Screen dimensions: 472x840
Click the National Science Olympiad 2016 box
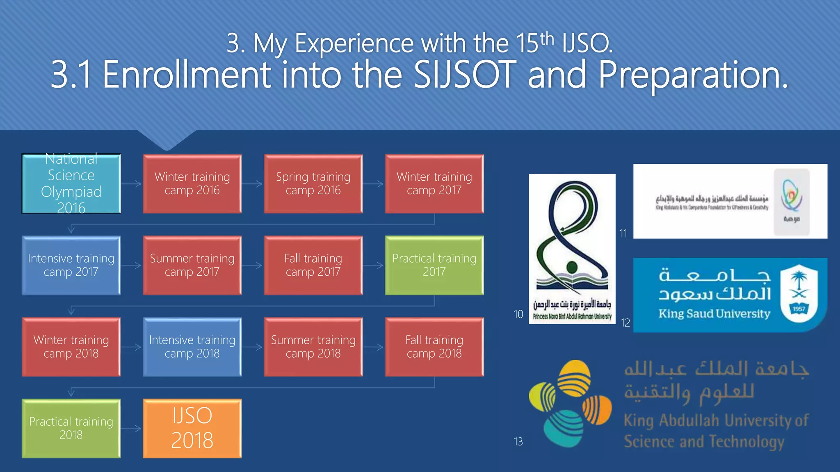(71, 184)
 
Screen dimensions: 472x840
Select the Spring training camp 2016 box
(313, 184)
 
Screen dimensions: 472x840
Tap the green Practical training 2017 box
(434, 265)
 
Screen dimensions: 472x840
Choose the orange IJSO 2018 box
(192, 428)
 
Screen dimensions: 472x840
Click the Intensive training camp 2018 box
(192, 347)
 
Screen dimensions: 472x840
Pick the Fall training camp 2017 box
(313, 265)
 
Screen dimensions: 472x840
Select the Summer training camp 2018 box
(313, 347)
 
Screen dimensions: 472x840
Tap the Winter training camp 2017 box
(434, 184)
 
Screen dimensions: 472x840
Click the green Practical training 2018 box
(71, 428)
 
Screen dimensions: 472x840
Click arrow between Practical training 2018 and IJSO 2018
(132, 429)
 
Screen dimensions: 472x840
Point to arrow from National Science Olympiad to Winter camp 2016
(132, 184)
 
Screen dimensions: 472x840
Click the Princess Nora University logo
(572, 248)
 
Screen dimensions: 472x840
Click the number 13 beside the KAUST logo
(518, 442)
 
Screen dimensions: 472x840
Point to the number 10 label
(518, 314)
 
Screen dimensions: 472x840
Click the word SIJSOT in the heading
(465, 75)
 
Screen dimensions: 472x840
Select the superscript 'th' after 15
(547, 39)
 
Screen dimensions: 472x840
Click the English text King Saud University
(714, 314)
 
